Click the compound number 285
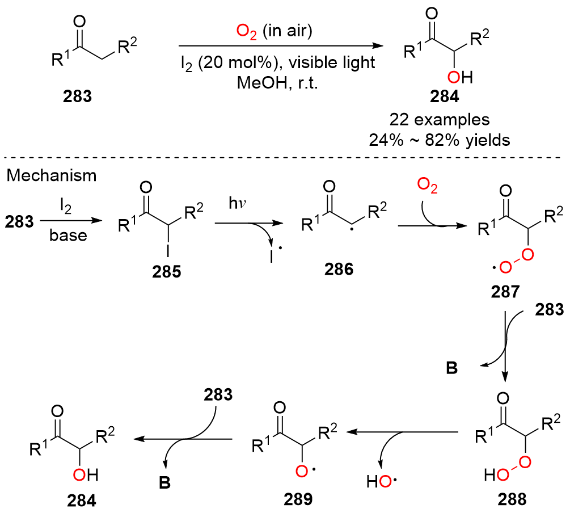point(167,273)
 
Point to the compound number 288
point(510,499)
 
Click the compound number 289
point(295,499)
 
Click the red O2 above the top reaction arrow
point(247,31)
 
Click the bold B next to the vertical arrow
point(452,368)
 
